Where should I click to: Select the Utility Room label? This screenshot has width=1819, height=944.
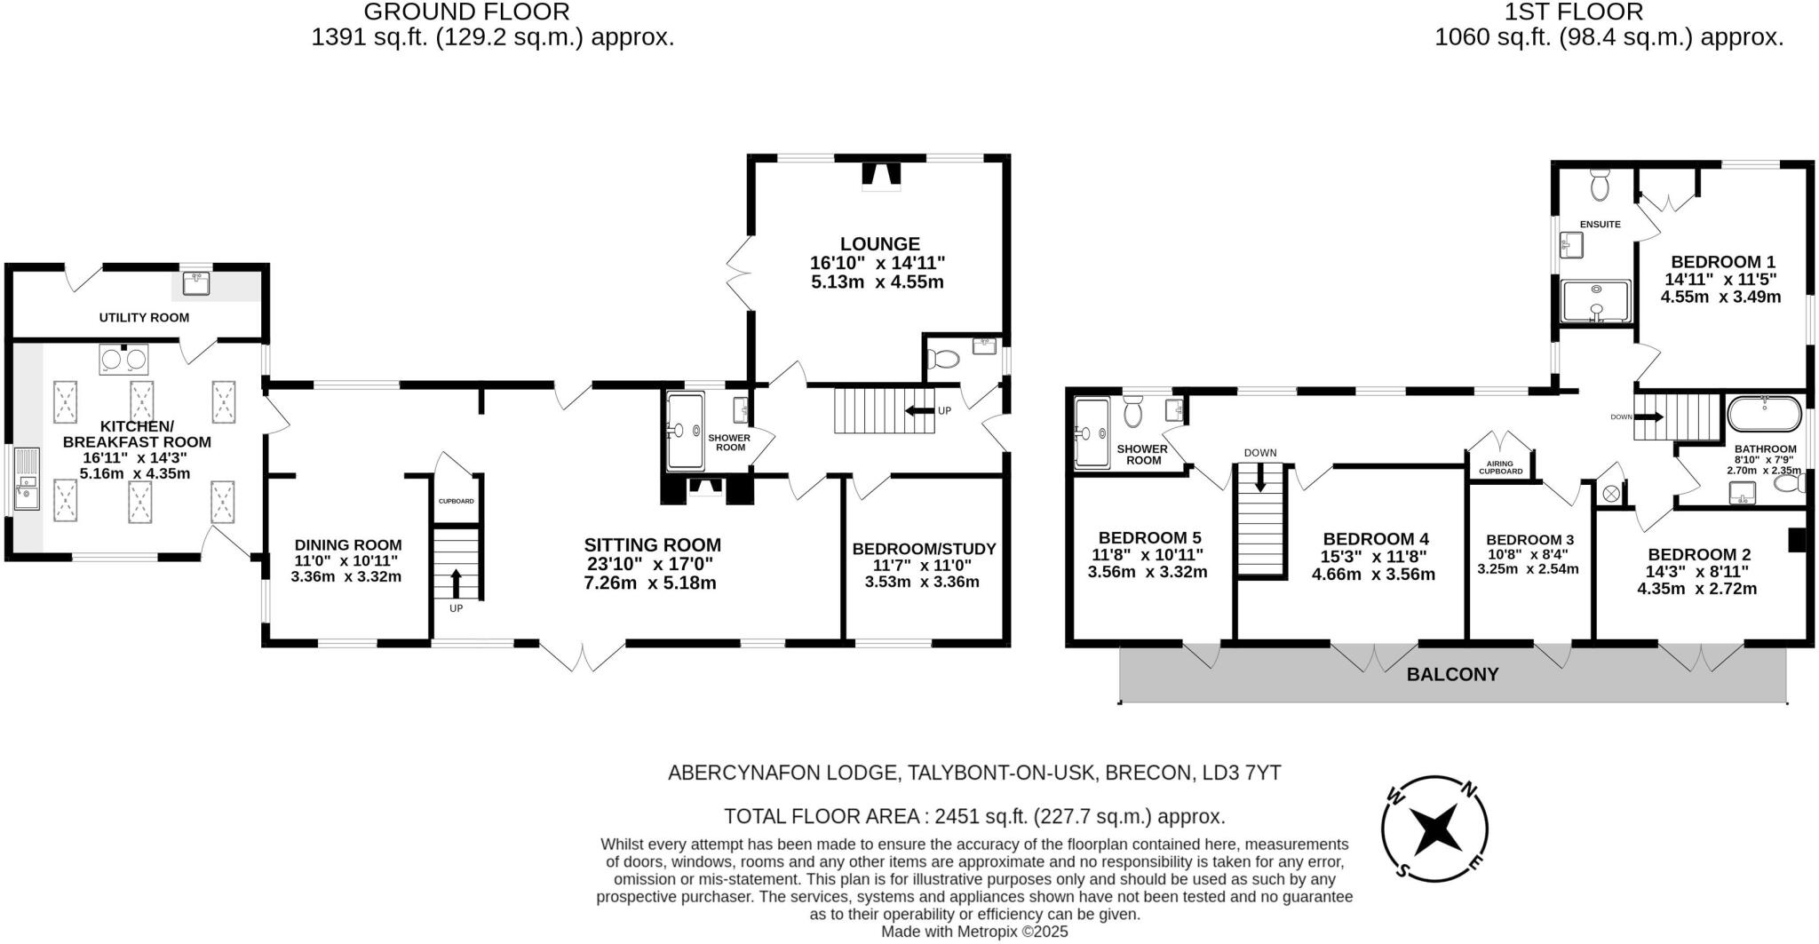(x=144, y=317)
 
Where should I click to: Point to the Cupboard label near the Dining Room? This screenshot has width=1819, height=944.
(x=457, y=501)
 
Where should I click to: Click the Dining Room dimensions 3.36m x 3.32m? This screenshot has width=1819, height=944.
(x=346, y=576)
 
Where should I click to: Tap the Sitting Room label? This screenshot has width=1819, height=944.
(x=653, y=545)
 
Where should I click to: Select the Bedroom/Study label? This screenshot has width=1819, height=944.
(x=924, y=549)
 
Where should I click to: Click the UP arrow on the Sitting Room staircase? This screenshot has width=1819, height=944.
(x=457, y=583)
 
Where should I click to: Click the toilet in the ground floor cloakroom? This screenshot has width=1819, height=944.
(x=942, y=359)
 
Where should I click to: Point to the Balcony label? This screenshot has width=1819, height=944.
(x=1453, y=674)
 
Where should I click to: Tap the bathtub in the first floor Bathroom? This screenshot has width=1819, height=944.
(x=1765, y=414)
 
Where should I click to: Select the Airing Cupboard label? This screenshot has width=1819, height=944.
(x=1501, y=467)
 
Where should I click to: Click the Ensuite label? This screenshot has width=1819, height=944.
(x=1601, y=224)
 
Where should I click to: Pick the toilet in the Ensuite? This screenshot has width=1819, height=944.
(x=1601, y=183)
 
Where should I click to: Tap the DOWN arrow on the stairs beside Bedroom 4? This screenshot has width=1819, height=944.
(x=1259, y=477)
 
